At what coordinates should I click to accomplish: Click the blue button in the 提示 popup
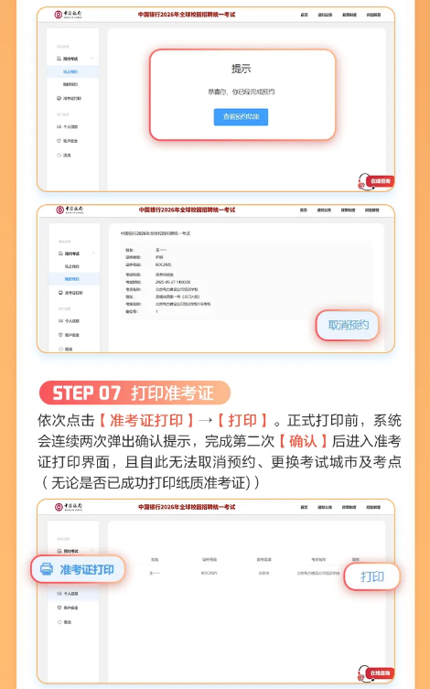[241, 117]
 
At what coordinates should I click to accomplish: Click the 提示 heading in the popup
[242, 69]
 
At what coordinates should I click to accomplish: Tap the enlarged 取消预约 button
[348, 325]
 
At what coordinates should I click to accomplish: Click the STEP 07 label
[86, 393]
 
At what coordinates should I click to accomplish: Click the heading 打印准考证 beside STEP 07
[172, 393]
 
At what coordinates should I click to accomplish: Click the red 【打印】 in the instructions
[242, 421]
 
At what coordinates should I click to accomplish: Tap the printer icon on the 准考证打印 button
[47, 569]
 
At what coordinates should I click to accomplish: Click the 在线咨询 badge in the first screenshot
[378, 181]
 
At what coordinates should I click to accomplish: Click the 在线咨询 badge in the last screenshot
[378, 673]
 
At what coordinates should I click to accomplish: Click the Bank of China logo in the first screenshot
[69, 16]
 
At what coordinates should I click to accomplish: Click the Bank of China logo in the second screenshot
[69, 210]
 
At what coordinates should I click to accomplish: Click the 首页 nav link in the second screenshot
[304, 210]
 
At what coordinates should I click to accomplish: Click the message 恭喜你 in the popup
[241, 92]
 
